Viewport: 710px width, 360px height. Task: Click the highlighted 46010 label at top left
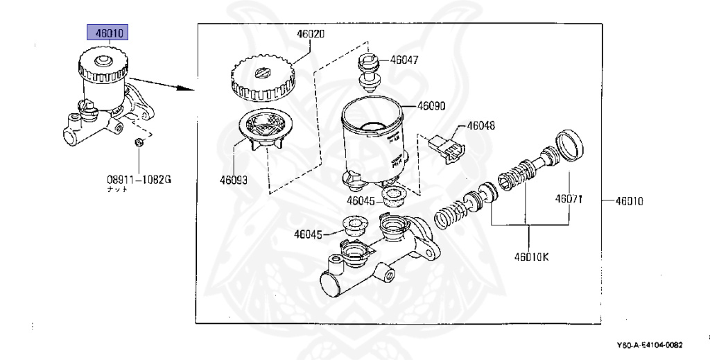coord(108,32)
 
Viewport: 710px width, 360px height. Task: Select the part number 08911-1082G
coord(139,180)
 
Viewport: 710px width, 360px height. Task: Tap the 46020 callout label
coord(311,33)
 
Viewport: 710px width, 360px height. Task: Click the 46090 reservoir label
coord(431,107)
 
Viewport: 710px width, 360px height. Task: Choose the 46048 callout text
coord(480,126)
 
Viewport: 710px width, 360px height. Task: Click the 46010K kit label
coord(531,257)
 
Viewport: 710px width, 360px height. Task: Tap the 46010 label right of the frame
coord(629,202)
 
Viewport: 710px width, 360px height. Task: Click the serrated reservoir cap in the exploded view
coord(261,79)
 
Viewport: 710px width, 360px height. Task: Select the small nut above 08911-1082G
coord(139,142)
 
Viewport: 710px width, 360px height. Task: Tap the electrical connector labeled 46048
coord(444,147)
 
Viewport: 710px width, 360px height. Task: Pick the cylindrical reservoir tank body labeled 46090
coord(372,142)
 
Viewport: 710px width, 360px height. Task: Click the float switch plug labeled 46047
coord(368,71)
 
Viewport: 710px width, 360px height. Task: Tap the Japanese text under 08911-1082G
coord(116,189)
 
